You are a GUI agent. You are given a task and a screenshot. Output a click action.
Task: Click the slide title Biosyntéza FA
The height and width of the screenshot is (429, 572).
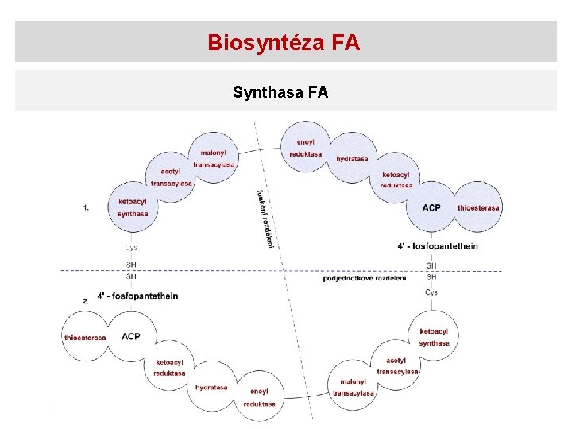click(284, 42)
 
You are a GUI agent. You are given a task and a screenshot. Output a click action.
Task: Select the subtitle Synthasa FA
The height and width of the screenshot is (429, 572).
click(280, 92)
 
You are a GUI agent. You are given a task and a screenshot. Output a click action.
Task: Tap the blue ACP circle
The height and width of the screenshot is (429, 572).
click(431, 207)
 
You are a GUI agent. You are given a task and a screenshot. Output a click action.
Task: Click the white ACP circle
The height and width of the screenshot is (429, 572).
click(131, 337)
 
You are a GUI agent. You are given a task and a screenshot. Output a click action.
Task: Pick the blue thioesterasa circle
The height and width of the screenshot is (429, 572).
click(478, 207)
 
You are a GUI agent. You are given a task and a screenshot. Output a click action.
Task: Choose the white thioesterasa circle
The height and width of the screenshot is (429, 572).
click(85, 337)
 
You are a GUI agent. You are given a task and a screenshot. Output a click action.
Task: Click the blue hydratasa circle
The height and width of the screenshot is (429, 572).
click(352, 159)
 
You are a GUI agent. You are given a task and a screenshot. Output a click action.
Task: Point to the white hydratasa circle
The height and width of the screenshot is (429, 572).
click(211, 388)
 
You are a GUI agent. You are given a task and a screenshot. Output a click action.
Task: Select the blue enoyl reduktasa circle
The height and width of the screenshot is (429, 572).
click(306, 148)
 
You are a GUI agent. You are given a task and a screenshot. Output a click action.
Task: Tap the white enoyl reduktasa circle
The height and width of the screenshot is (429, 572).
click(259, 397)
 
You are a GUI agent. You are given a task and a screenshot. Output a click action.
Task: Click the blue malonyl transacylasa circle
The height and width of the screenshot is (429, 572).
click(214, 158)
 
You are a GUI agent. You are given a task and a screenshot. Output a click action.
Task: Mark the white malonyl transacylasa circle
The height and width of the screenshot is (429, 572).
click(353, 387)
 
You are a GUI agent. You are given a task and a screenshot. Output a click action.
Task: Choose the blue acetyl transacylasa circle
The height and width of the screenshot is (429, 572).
click(171, 177)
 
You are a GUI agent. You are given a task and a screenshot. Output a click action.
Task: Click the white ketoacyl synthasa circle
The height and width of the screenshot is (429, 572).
click(434, 337)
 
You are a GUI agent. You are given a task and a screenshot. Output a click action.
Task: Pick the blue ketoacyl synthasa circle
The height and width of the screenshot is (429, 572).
click(133, 207)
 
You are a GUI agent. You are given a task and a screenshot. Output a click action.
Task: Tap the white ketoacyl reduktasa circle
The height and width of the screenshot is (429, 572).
click(169, 367)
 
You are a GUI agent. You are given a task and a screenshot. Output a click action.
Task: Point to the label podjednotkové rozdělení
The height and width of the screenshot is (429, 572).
click(365, 278)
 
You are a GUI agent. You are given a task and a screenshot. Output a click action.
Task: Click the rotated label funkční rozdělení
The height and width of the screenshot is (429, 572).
click(265, 218)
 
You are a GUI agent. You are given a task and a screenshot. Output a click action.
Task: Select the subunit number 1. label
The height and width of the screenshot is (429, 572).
click(86, 207)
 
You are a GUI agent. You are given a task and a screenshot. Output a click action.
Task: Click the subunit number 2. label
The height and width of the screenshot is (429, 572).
click(86, 301)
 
